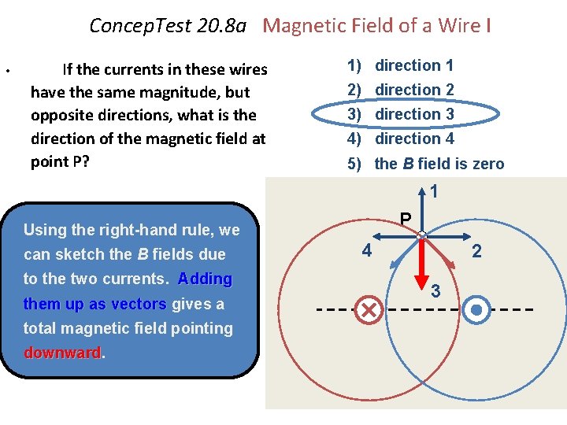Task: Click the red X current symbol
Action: [368, 310]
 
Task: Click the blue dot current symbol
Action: [476, 310]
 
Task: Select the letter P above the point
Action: [405, 219]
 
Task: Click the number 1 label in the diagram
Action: [434, 191]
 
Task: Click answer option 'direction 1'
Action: [413, 65]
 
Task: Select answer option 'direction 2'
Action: [413, 90]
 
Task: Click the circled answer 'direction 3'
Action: [413, 114]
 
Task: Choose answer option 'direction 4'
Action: [413, 139]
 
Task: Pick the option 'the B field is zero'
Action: [439, 164]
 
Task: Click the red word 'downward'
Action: [62, 353]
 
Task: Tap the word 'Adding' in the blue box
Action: [205, 279]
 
